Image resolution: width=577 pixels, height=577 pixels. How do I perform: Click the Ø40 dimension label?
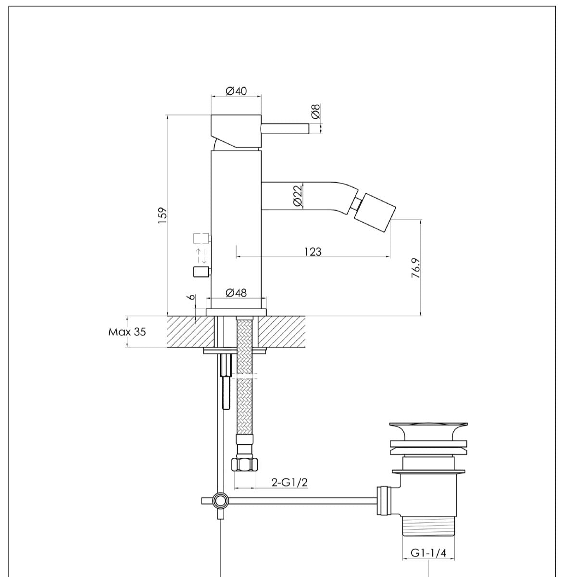click(x=236, y=91)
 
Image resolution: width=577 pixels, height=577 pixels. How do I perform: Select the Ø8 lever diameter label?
click(x=315, y=112)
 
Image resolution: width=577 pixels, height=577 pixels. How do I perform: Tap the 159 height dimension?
click(x=162, y=215)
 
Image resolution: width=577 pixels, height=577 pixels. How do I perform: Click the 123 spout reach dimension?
click(x=313, y=251)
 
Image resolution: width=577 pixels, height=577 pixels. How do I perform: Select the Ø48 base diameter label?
click(x=236, y=292)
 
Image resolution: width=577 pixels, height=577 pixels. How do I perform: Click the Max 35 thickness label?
click(x=127, y=332)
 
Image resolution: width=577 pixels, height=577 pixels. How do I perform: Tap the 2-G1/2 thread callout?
click(x=289, y=483)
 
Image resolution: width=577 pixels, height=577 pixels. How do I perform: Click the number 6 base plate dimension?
click(x=192, y=298)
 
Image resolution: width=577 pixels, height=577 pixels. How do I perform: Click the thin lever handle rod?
click(x=285, y=129)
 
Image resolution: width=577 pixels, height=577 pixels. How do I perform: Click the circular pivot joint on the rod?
click(x=221, y=501)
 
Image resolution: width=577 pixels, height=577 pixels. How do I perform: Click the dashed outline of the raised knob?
click(x=201, y=238)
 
